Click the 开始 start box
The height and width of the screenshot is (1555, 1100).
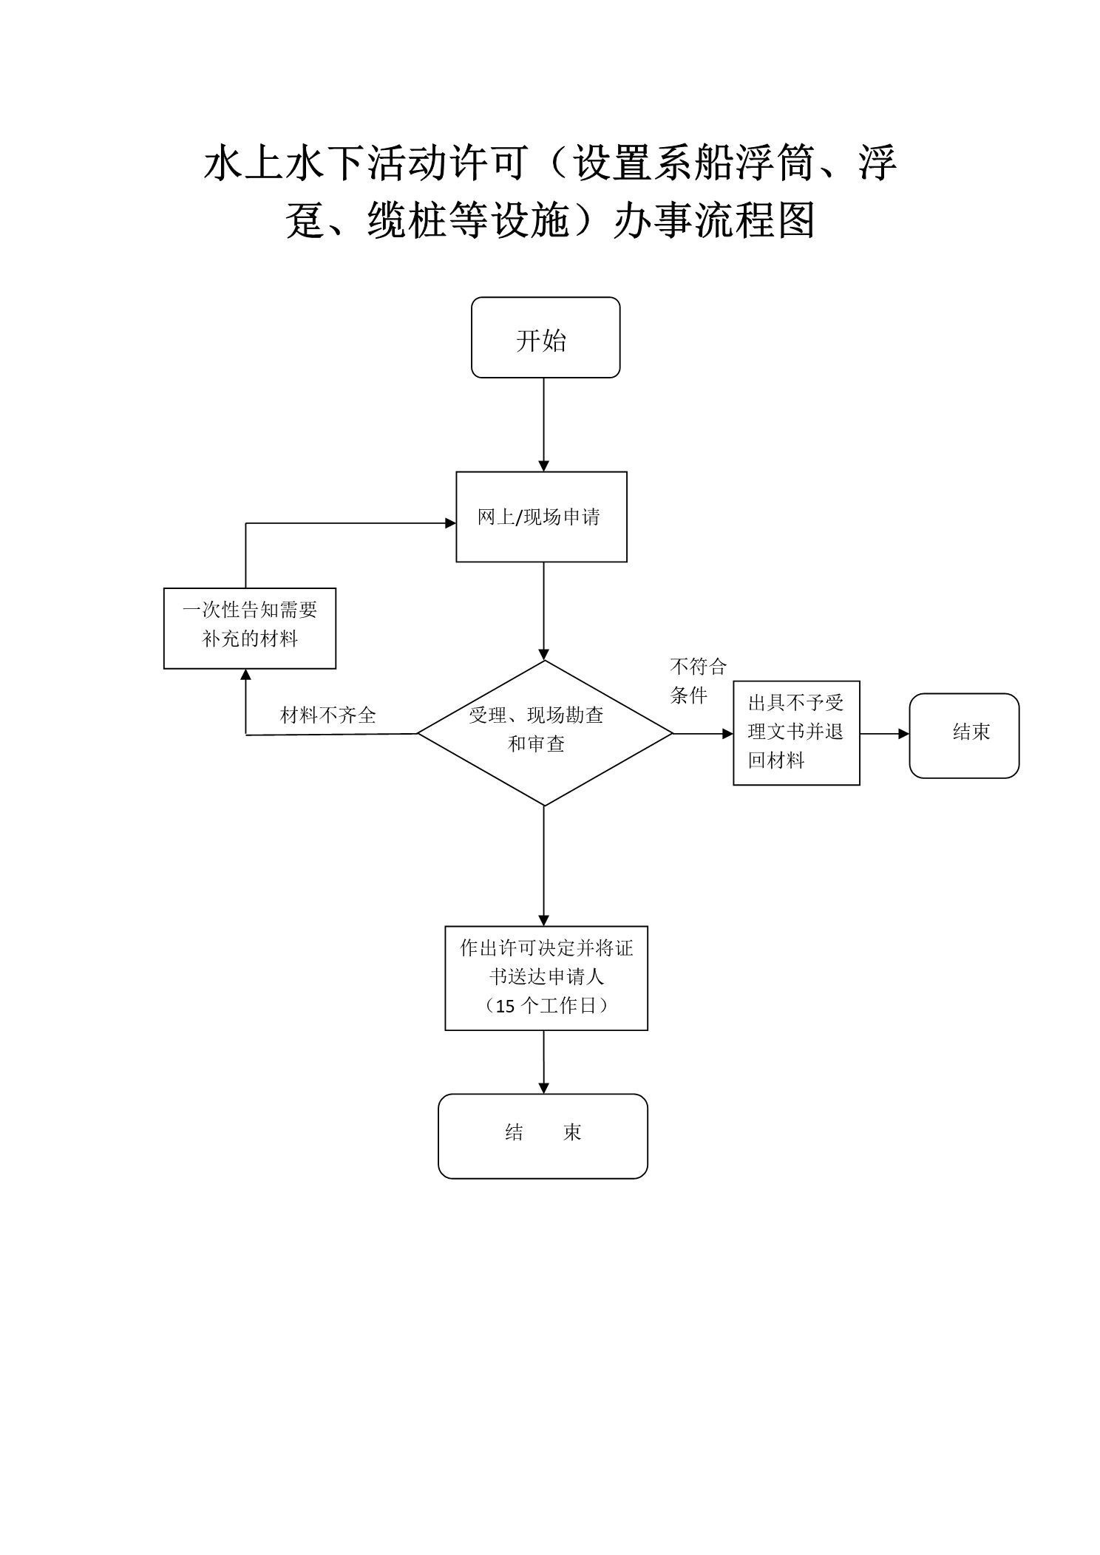(x=546, y=338)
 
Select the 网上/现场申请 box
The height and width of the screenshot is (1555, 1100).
(x=541, y=517)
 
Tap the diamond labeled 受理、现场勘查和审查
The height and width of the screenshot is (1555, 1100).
(x=545, y=732)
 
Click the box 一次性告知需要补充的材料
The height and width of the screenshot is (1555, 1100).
(x=250, y=628)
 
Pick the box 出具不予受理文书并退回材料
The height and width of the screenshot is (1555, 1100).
(x=796, y=732)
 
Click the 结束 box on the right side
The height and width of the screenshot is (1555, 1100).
(x=964, y=735)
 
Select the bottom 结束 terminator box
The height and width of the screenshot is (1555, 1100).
(x=543, y=1136)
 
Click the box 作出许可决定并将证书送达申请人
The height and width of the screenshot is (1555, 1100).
(x=546, y=978)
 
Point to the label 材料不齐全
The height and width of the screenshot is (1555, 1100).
(x=328, y=715)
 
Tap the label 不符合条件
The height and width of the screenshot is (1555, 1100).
(x=698, y=681)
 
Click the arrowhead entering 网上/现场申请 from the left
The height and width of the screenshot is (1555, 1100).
(x=451, y=523)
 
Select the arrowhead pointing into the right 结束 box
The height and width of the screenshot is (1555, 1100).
(x=904, y=734)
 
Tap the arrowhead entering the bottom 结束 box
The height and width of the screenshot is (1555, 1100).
(x=544, y=1089)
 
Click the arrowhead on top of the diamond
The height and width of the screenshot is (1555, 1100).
(x=544, y=655)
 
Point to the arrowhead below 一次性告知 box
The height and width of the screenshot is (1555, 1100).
(x=246, y=674)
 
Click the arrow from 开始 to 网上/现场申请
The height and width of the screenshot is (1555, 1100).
(x=544, y=425)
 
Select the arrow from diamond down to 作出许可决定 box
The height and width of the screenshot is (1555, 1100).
(x=544, y=866)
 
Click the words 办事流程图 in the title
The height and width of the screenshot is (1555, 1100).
(x=714, y=220)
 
